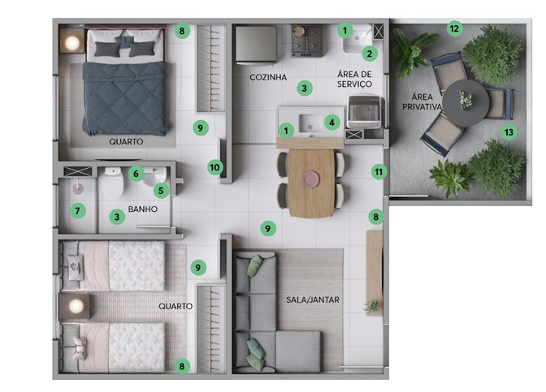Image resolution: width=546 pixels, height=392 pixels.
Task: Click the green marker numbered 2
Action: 370,54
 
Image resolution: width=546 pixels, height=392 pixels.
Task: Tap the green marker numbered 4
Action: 331,123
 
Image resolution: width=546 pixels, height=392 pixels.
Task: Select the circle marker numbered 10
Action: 214,168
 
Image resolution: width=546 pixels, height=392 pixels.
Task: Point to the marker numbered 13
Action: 509,132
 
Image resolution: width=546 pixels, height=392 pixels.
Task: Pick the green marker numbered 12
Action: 454,28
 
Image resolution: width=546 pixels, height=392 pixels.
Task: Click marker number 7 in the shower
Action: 78,210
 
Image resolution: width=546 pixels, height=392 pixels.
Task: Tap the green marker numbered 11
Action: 379,172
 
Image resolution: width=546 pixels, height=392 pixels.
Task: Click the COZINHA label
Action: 268,77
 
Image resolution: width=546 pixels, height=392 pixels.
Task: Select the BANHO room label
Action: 143,209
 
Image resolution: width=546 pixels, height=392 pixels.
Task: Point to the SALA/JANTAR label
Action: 313,299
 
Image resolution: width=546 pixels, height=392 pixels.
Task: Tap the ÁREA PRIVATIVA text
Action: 422,101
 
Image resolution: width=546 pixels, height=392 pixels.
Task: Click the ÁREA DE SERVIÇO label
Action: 354,79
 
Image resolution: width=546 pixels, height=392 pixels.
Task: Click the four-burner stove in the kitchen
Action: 307,41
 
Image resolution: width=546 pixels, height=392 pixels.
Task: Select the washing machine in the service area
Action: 364,112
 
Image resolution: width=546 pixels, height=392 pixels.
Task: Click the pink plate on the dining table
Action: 311,179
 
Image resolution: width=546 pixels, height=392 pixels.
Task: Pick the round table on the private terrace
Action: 466,103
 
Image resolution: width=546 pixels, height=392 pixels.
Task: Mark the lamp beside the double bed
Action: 72,43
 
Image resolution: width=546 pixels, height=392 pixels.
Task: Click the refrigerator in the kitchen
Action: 256,45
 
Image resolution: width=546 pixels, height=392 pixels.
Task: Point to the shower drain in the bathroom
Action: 78,188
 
